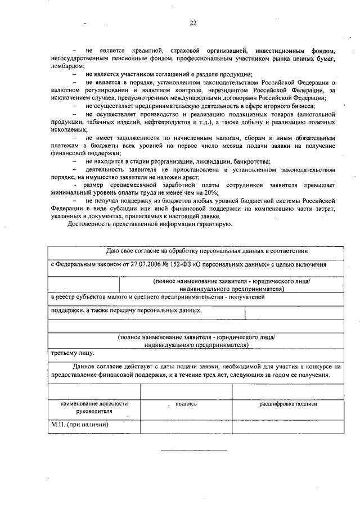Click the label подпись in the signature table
coord(186,404)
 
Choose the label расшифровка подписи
coord(288,404)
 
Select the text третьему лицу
coord(72,353)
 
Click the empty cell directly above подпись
coord(186,391)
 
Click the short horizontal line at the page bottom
coord(193,451)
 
